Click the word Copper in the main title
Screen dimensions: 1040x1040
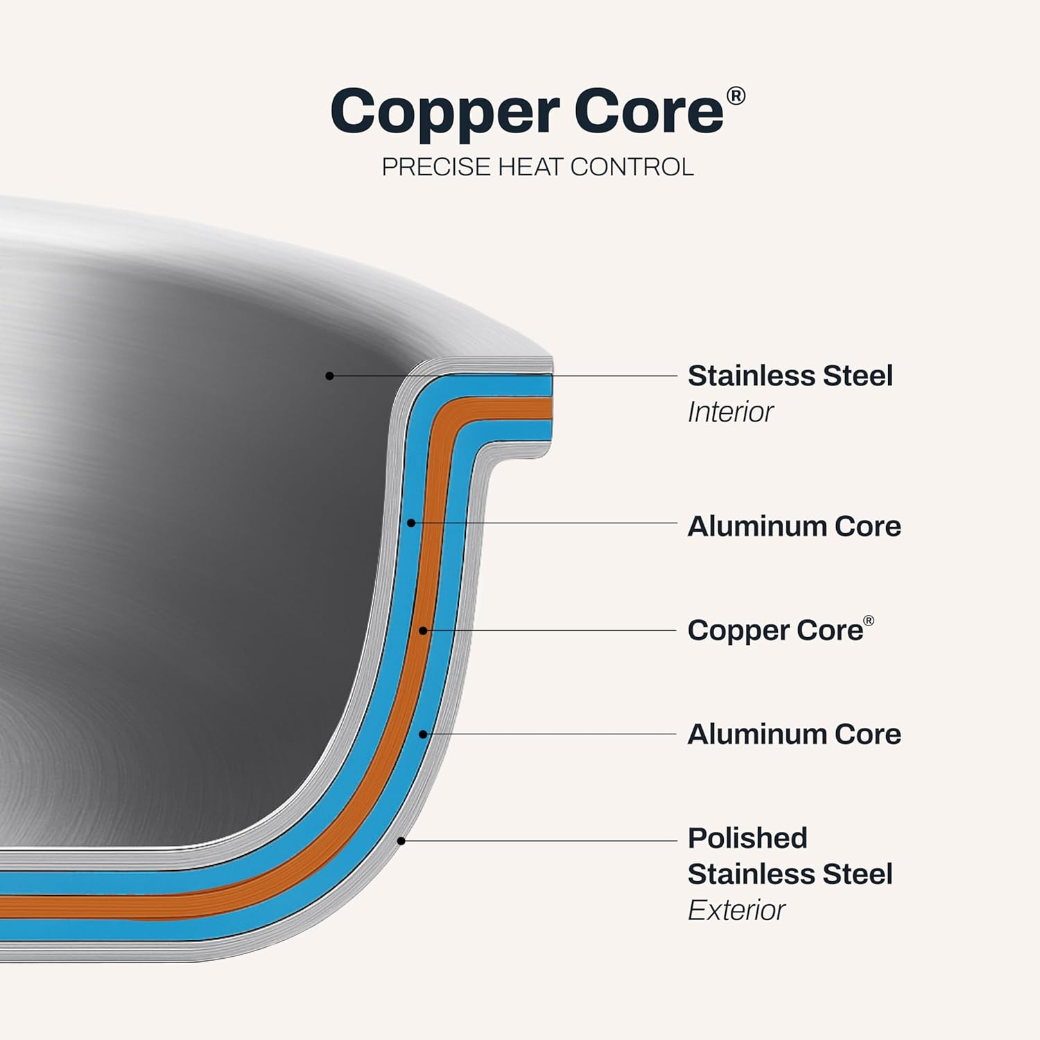tap(444, 113)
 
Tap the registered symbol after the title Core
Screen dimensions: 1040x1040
tap(736, 96)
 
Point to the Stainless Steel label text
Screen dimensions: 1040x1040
tap(790, 376)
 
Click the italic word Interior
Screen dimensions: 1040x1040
tap(730, 413)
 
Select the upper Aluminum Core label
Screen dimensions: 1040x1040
tap(794, 526)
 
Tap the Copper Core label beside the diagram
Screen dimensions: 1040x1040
tap(775, 630)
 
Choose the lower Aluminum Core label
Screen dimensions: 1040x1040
tap(794, 734)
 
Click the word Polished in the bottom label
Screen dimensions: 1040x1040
tap(747, 838)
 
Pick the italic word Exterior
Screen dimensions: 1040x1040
tap(736, 910)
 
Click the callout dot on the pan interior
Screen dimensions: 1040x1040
tap(330, 376)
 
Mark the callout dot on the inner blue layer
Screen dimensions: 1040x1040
tap(411, 523)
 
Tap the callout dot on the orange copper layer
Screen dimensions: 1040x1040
tap(423, 630)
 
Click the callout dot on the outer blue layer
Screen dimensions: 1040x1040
tap(423, 734)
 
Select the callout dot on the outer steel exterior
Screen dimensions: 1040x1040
tap(401, 841)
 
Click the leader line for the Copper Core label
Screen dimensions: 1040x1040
tap(555, 630)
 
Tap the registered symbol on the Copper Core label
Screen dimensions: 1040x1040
tap(868, 621)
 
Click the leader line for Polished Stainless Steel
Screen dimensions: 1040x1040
tap(541, 841)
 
